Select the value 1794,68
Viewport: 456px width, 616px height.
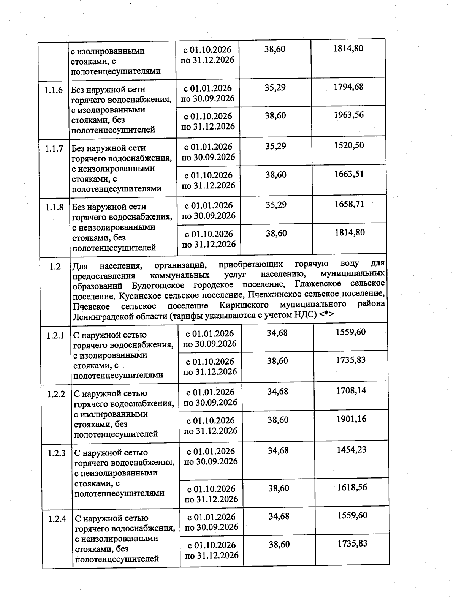(x=348, y=87)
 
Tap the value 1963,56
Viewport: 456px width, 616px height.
(x=348, y=115)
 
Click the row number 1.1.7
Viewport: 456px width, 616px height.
(x=54, y=148)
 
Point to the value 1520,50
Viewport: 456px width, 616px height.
(x=348, y=146)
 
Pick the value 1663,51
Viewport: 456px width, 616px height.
(x=349, y=174)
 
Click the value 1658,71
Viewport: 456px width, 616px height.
(x=349, y=204)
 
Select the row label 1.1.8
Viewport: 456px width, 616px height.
(x=54, y=207)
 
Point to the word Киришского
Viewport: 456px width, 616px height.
(x=244, y=305)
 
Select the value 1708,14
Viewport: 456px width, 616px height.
(x=351, y=391)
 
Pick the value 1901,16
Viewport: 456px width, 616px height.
(x=351, y=419)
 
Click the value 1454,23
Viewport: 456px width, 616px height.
(x=351, y=450)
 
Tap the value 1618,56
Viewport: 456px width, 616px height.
(x=352, y=487)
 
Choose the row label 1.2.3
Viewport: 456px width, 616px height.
(x=57, y=453)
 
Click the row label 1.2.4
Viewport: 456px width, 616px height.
(x=57, y=519)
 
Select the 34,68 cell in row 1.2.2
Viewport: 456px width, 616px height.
(x=277, y=392)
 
